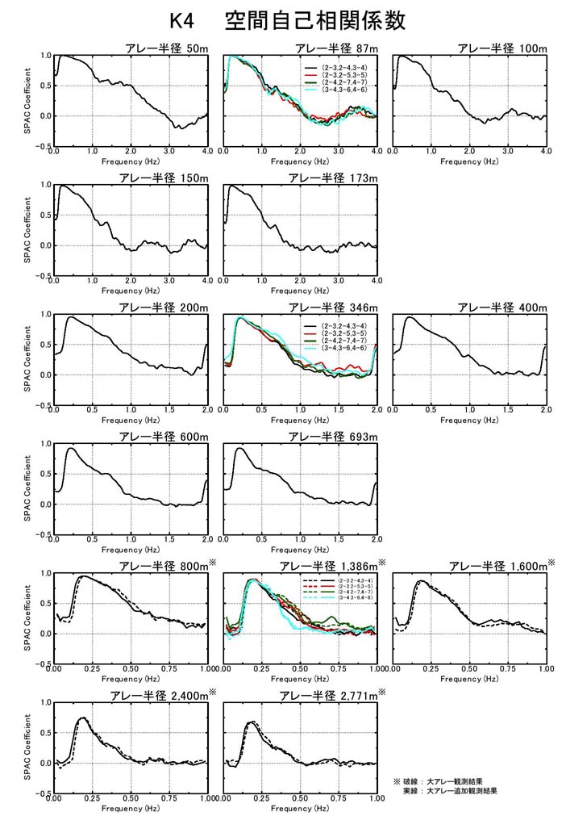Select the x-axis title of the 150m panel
[131, 290]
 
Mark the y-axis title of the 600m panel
[27, 488]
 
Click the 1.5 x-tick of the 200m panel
[169, 411]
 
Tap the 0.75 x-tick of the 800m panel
[169, 669]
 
